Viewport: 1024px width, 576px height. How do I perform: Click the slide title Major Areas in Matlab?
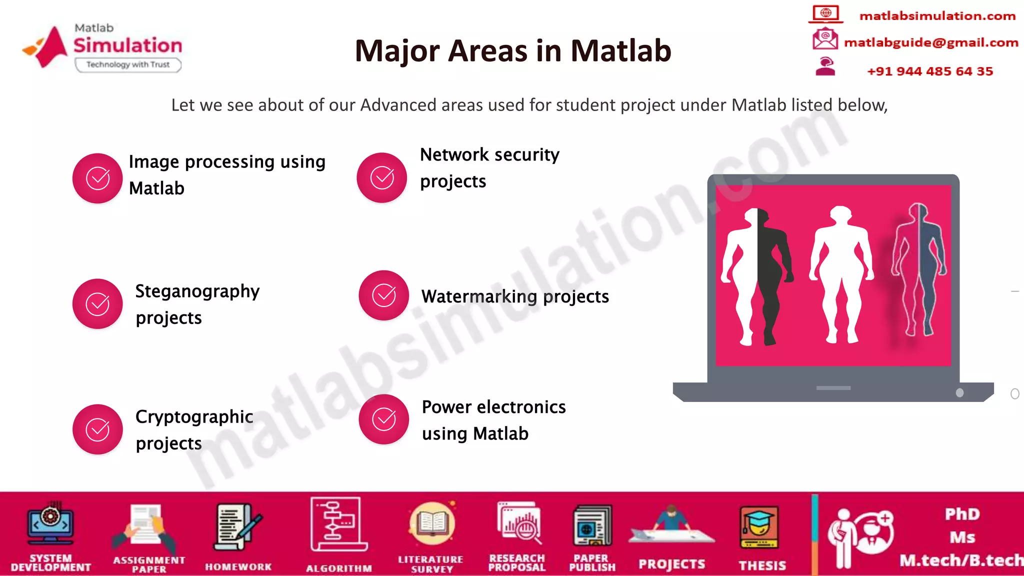tap(512, 51)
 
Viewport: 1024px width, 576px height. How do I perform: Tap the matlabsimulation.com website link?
tap(937, 16)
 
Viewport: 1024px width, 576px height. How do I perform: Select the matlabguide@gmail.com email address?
tap(930, 42)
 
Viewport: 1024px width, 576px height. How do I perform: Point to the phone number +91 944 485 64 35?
tap(929, 71)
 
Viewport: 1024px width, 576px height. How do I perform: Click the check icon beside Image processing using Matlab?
tap(97, 178)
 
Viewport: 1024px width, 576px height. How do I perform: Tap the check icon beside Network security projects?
tap(382, 178)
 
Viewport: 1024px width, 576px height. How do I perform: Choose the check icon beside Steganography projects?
tap(97, 304)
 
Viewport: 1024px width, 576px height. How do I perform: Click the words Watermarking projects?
tap(515, 296)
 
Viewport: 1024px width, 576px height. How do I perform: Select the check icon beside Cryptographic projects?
tap(97, 429)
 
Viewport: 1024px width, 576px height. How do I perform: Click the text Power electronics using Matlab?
tap(493, 420)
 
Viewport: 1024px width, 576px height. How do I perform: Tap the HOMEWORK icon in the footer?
tap(237, 527)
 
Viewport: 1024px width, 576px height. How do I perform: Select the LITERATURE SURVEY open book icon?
tap(431, 524)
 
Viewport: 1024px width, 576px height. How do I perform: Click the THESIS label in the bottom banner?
tap(762, 565)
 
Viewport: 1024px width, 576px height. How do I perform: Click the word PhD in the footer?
tap(962, 514)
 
